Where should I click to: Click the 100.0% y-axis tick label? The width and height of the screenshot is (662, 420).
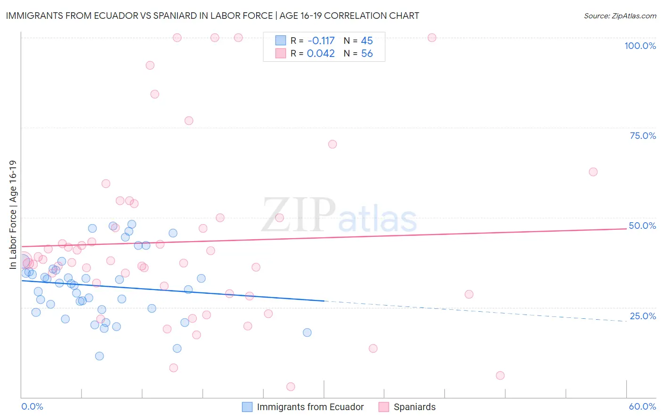[640, 46]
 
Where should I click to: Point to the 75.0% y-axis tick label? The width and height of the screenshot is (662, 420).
[643, 136]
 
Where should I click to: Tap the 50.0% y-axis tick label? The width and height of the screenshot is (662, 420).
[642, 226]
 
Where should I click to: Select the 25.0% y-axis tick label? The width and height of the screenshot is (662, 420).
[643, 316]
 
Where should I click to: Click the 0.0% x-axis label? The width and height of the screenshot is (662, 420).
[32, 406]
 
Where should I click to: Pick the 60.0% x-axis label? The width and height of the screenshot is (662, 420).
[642, 406]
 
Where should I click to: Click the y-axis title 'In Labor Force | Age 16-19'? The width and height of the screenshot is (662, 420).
[13, 215]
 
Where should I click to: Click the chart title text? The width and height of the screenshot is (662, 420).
[212, 16]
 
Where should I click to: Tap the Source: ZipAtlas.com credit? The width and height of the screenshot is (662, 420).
[620, 16]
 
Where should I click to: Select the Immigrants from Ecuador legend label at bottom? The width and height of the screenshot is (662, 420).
[310, 407]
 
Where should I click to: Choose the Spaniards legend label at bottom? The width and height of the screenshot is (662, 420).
[414, 407]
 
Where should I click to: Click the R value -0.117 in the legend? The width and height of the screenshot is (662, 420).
[321, 40]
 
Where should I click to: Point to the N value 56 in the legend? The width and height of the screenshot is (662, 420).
[367, 54]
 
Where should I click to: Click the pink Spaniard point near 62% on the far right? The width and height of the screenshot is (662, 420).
[593, 172]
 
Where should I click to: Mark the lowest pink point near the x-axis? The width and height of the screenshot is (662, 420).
[291, 387]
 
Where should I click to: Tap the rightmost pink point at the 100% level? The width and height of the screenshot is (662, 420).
[432, 38]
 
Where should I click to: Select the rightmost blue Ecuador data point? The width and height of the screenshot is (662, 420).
[307, 332]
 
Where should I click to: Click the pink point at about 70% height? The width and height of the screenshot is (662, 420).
[332, 144]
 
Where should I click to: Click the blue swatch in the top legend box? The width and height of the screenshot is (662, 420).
[281, 40]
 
